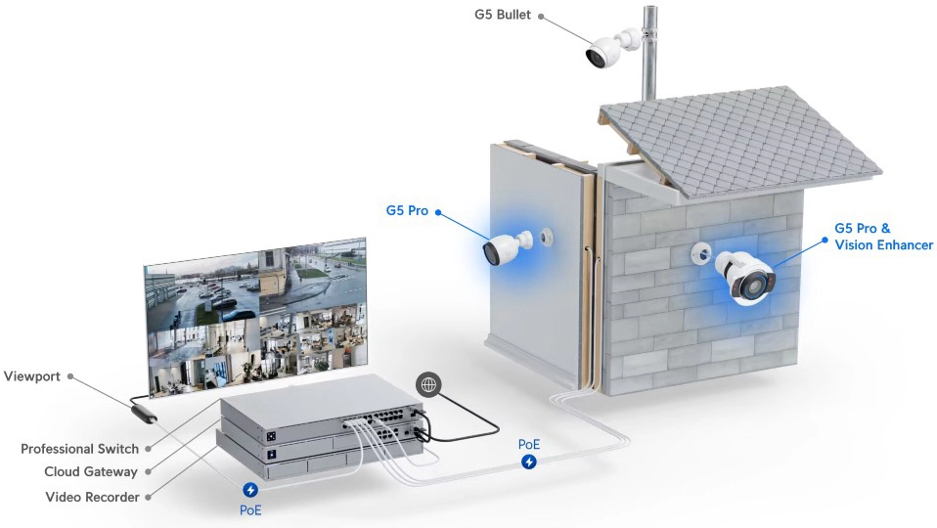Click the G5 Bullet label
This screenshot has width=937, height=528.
tap(502, 15)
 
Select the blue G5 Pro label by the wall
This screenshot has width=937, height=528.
tap(407, 210)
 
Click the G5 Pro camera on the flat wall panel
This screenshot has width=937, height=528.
tap(507, 247)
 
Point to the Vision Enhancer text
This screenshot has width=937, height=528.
tap(883, 244)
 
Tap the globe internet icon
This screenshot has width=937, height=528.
tap(429, 385)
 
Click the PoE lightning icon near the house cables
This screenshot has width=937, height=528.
tap(529, 462)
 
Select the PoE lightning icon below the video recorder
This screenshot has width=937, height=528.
tap(250, 491)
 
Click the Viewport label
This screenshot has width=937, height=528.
tap(31, 376)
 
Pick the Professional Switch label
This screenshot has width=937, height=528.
tap(79, 449)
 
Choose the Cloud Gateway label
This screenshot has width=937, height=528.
tap(91, 472)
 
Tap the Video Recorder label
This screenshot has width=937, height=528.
tap(92, 497)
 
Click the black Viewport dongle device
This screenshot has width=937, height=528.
tap(144, 414)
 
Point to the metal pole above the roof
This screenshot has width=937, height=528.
tap(649, 54)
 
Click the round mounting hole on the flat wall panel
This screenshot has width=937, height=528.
tap(546, 237)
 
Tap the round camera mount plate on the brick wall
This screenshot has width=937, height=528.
tap(700, 254)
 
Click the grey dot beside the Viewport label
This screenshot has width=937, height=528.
tap(70, 376)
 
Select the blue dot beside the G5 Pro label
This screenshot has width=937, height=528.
tap(438, 211)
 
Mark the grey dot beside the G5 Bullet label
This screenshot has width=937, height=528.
tap(541, 16)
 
